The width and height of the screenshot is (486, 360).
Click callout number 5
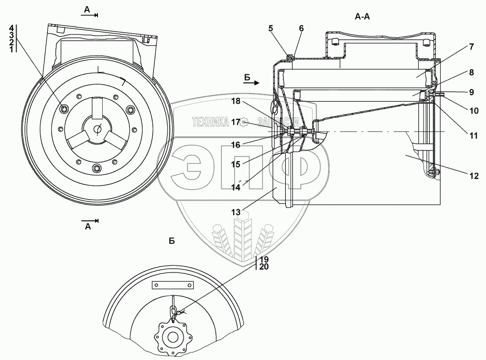click(270, 27)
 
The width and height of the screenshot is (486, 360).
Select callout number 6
click(301, 27)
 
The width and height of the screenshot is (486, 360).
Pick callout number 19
click(264, 259)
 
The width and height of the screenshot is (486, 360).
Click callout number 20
click(264, 267)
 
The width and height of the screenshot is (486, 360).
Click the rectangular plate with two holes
click(173, 286)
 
